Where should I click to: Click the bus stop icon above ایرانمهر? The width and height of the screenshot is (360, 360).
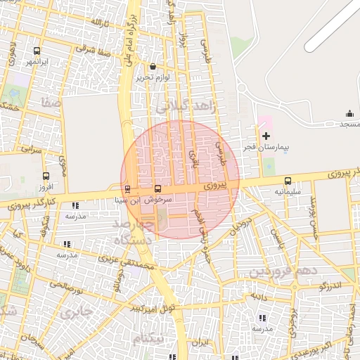click(x=37, y=51)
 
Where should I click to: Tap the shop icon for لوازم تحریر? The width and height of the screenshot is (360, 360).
click(x=153, y=67)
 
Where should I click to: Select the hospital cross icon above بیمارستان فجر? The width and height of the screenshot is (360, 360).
click(x=266, y=136)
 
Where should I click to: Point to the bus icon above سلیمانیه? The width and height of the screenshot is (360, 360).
click(x=288, y=181)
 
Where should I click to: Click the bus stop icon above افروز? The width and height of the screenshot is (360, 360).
click(x=46, y=176)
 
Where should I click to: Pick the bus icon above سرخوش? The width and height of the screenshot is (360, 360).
click(x=157, y=189)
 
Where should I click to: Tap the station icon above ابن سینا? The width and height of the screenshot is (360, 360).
click(x=127, y=189)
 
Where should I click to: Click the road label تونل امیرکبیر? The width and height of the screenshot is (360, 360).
click(x=156, y=308)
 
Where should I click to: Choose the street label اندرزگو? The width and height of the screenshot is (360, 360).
click(x=330, y=286)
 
